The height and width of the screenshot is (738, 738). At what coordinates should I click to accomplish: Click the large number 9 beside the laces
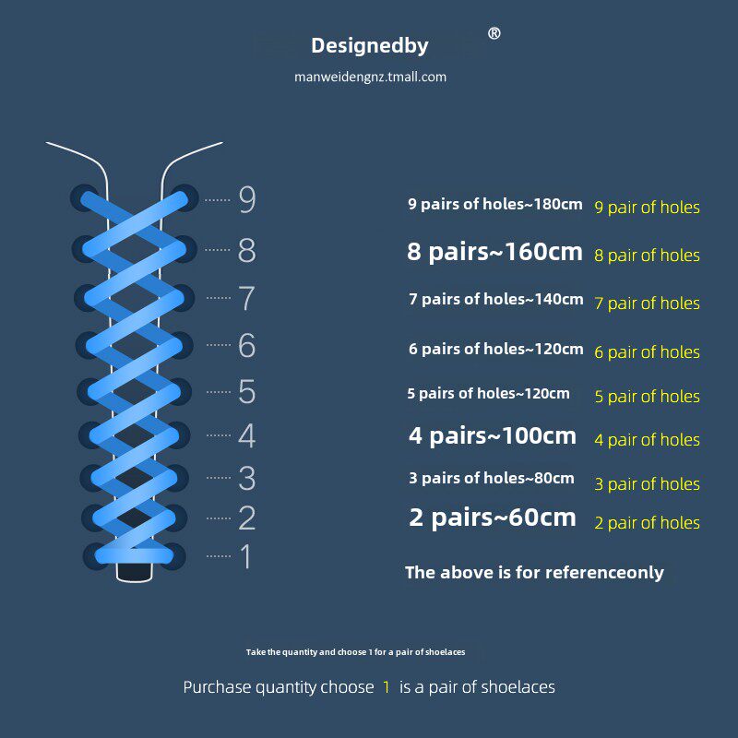click(x=246, y=199)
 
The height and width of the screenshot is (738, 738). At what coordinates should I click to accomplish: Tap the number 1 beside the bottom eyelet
click(x=245, y=556)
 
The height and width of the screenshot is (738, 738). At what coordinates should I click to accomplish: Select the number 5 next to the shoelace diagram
click(x=246, y=391)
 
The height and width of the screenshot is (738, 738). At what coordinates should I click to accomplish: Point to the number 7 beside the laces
click(x=246, y=298)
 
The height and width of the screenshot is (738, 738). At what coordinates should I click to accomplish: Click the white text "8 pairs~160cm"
click(x=494, y=252)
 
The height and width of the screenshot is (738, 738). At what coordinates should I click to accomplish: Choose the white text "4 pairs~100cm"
click(x=492, y=435)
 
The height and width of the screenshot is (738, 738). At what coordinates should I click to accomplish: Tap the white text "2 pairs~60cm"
click(x=492, y=518)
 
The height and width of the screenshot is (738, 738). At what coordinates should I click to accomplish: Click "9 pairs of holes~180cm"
click(x=494, y=204)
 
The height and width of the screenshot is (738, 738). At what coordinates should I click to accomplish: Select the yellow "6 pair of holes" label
click(x=647, y=351)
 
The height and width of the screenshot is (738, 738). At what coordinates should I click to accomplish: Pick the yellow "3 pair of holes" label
click(x=647, y=483)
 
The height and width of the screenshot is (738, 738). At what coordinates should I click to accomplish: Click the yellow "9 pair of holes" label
click(x=647, y=208)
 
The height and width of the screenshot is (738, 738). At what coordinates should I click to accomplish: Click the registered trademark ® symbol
click(x=494, y=34)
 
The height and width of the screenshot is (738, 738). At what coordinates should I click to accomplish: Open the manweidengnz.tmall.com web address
click(x=370, y=77)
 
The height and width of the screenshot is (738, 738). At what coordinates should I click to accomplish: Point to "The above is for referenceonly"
click(x=534, y=572)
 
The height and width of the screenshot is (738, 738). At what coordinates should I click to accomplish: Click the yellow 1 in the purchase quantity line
click(x=387, y=687)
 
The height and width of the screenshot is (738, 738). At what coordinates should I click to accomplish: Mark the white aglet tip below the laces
click(x=135, y=572)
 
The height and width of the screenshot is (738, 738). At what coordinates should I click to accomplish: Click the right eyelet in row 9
click(x=185, y=197)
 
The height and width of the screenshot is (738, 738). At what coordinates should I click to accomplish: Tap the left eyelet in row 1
click(x=96, y=554)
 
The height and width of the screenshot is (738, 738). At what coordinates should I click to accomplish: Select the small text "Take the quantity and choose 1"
click(x=355, y=652)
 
